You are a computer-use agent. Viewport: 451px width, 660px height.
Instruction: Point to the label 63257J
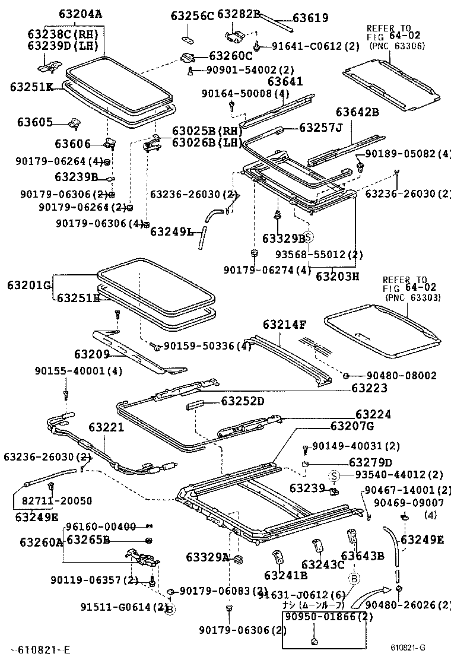(321, 128)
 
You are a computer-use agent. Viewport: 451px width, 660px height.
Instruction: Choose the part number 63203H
(337, 276)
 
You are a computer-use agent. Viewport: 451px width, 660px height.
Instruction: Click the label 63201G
(28, 285)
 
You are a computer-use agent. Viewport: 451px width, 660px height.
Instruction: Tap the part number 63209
(92, 354)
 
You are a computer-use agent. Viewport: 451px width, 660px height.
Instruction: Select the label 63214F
(285, 325)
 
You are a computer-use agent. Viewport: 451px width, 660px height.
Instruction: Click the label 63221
(106, 427)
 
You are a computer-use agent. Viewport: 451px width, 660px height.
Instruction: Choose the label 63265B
(88, 540)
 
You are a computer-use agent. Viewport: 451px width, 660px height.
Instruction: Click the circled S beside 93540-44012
(334, 475)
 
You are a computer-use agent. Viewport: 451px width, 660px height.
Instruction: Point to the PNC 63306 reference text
(396, 45)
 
